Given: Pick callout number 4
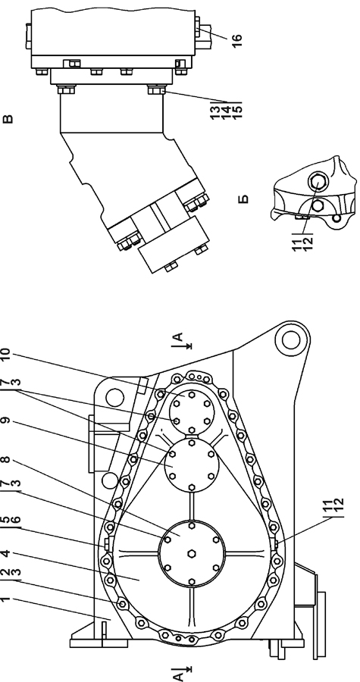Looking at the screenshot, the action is (x=5, y=553).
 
